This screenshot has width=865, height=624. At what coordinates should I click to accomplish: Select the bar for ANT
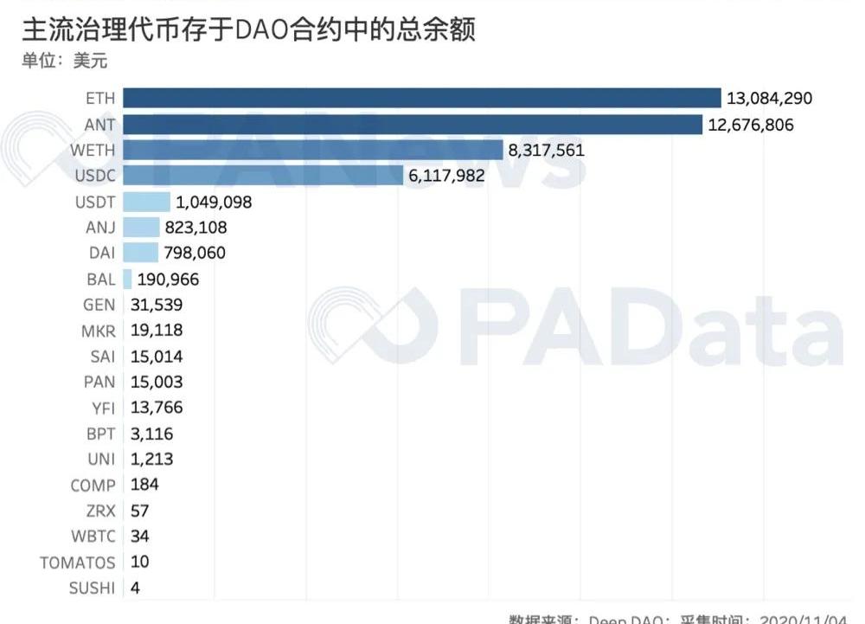[413, 125]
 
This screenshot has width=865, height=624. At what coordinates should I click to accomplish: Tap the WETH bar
[313, 150]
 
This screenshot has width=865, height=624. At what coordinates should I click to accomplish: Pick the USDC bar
[264, 176]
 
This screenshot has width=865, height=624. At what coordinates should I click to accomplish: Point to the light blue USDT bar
[147, 202]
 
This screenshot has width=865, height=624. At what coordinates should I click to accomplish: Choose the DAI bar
[141, 253]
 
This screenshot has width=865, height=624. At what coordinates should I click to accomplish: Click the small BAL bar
[128, 279]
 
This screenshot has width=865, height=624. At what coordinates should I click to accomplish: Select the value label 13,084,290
[771, 99]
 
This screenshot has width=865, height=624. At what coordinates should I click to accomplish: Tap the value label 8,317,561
[547, 150]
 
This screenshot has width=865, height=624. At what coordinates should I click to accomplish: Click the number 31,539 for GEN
[157, 305]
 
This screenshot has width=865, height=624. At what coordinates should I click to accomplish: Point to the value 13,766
[157, 408]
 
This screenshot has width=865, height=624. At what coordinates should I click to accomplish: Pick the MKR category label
[96, 331]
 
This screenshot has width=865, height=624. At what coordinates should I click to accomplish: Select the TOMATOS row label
[77, 563]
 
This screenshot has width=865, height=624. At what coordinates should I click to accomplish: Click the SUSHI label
[92, 589]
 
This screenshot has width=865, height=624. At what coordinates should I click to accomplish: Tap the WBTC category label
[93, 537]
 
